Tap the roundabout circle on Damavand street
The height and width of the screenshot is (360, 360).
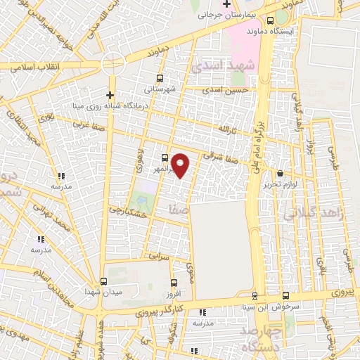click(112, 64)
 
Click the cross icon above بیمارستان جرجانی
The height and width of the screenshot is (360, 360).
click(227, 5)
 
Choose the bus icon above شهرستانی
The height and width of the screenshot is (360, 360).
click(160, 79)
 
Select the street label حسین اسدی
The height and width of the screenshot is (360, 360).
click(225, 91)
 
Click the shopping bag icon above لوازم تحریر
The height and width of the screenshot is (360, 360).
click(281, 173)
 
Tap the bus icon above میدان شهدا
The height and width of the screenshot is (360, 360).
click(104, 281)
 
